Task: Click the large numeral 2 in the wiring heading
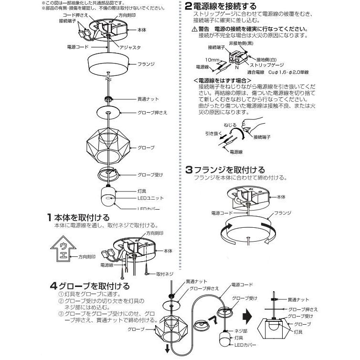point(189,7)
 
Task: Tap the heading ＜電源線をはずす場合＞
point(222,81)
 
